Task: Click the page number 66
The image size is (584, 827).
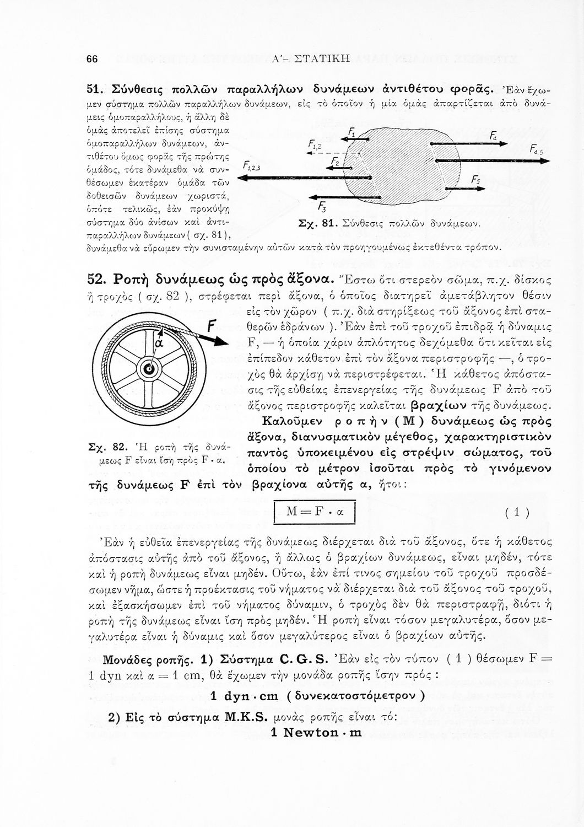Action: click(x=92, y=60)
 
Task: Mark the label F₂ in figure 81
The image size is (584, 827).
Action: click(x=335, y=160)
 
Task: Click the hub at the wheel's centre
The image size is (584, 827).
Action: click(x=149, y=369)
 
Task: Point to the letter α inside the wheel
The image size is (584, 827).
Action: click(x=156, y=342)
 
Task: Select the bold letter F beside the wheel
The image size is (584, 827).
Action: click(x=212, y=325)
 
